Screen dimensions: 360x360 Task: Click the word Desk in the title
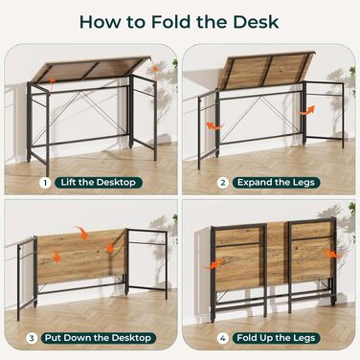(256, 22)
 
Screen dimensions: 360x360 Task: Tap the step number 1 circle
(45, 183)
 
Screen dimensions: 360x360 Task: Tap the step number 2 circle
(223, 183)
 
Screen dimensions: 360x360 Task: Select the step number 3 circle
(32, 339)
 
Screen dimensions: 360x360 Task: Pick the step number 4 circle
(223, 339)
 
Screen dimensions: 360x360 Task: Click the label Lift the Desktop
(99, 183)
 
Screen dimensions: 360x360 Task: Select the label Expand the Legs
(276, 183)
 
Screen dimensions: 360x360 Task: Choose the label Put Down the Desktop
(99, 338)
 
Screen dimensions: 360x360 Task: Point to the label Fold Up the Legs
(276, 338)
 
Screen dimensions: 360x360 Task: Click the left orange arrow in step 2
(214, 126)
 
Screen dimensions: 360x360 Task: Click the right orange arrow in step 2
(307, 110)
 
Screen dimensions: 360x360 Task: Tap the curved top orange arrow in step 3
(83, 233)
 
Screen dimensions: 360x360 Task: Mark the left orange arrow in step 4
(214, 264)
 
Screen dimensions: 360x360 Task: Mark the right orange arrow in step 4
(332, 254)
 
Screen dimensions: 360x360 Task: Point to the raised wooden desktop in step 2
(265, 71)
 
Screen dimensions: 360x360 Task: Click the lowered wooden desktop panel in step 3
(80, 257)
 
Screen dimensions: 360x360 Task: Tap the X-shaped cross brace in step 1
(81, 118)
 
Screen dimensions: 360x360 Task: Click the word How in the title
(101, 22)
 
